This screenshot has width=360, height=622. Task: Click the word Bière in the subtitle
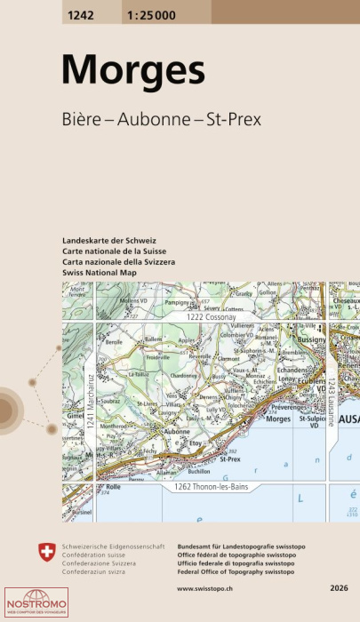[82, 119]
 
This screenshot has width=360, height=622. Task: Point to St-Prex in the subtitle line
[233, 119]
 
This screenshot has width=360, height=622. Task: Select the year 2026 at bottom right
[338, 588]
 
